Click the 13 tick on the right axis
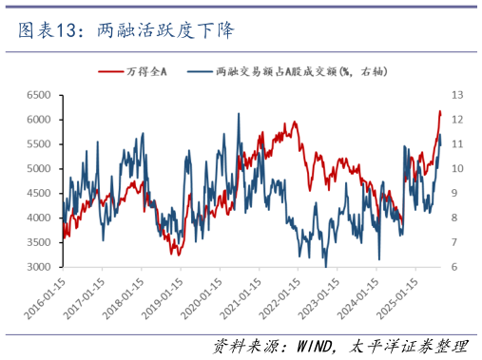(x=457, y=95)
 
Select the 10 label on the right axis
(x=457, y=169)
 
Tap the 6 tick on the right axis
(x=455, y=267)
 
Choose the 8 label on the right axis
(x=455, y=218)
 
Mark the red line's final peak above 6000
(x=439, y=111)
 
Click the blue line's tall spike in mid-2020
(x=238, y=114)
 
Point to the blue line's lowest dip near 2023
(x=326, y=265)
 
